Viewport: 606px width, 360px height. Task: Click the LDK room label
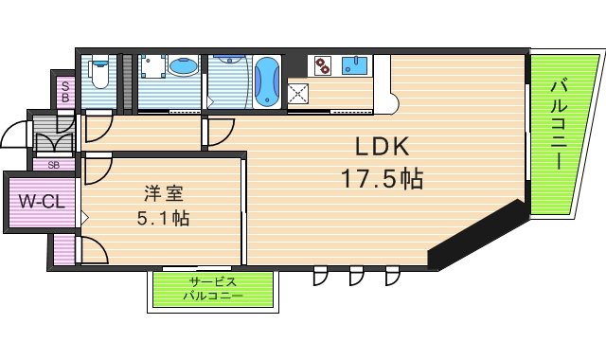[x=382, y=146]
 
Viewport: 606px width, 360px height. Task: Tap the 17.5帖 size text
[x=382, y=177]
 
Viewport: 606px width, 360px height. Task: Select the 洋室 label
[x=163, y=194]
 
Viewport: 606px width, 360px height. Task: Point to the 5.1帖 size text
[x=163, y=219]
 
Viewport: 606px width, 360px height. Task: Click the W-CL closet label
[x=41, y=201]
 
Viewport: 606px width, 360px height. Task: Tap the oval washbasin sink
[x=186, y=68]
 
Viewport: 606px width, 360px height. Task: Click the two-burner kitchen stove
[x=324, y=65]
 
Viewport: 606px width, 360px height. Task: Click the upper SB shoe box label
[x=65, y=92]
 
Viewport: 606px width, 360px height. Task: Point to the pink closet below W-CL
[x=62, y=248]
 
